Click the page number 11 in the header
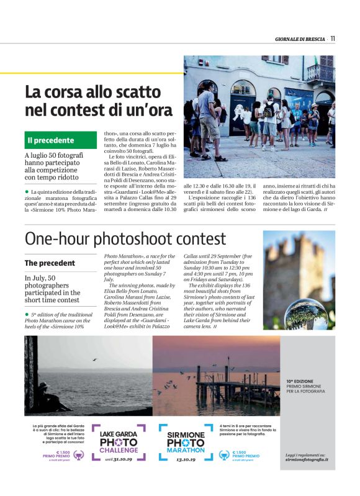click(333, 38)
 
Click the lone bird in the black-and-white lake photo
click(94, 359)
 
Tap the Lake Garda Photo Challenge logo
click(119, 441)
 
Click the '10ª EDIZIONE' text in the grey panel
click(300, 380)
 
